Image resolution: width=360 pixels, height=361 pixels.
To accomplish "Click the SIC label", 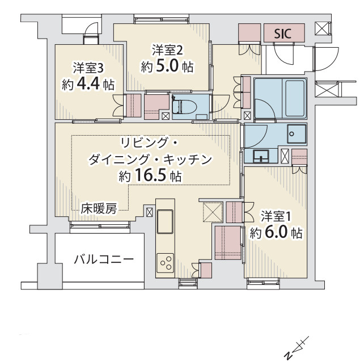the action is coord(283,34).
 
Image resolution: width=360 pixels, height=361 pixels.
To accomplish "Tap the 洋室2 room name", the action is coord(167,50).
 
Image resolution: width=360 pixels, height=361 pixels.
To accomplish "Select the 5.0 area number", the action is coord(168,66).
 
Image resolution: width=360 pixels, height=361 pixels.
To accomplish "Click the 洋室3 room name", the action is coord(88,68).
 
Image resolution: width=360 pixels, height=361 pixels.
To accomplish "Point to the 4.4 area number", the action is coord(89,84).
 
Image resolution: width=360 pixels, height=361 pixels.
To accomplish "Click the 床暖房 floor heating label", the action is coord(99,208).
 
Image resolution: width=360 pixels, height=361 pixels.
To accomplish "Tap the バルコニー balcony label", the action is coord(104,259).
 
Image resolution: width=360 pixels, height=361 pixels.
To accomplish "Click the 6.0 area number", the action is coord(276,233).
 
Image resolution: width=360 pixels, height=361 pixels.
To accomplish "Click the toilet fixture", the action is coord(183,107).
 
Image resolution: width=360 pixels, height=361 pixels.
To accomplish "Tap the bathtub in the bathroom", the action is coord(295,99).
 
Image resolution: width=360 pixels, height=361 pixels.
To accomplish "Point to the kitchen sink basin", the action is coord(165,222).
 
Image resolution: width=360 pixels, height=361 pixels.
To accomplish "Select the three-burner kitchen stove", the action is coord(165,263).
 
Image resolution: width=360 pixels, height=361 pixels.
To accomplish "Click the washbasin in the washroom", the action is coord(261,156).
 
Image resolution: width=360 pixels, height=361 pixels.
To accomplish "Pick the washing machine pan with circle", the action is coord(297,134).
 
